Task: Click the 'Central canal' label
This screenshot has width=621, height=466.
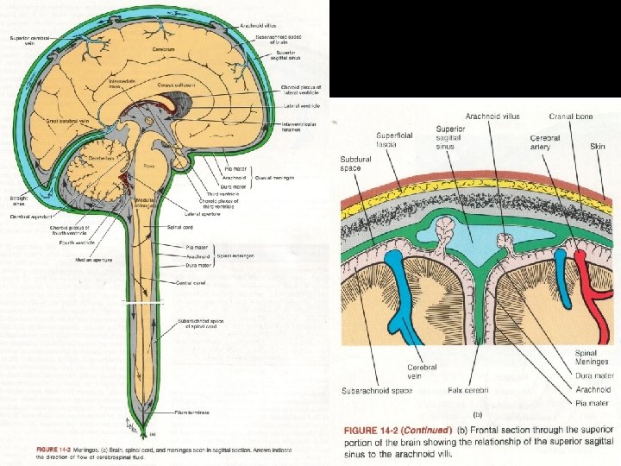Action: [x=191, y=281]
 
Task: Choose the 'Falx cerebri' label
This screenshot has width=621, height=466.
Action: [x=467, y=390]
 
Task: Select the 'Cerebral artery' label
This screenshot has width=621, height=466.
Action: [x=544, y=143]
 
